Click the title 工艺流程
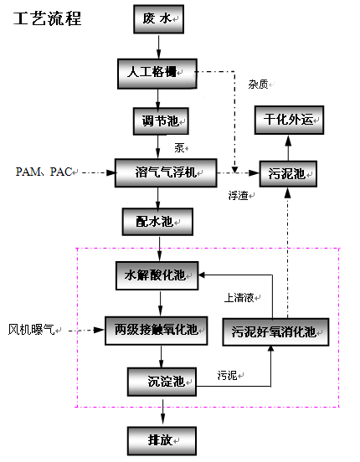pyautogui.click(x=48, y=18)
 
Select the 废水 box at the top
pyautogui.click(x=158, y=18)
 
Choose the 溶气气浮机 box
pyautogui.click(x=165, y=172)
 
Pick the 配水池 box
pyautogui.click(x=158, y=222)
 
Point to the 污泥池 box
pyautogui.click(x=287, y=173)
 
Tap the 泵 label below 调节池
pyautogui.click(x=178, y=147)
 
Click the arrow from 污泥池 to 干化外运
pyautogui.click(x=287, y=146)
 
